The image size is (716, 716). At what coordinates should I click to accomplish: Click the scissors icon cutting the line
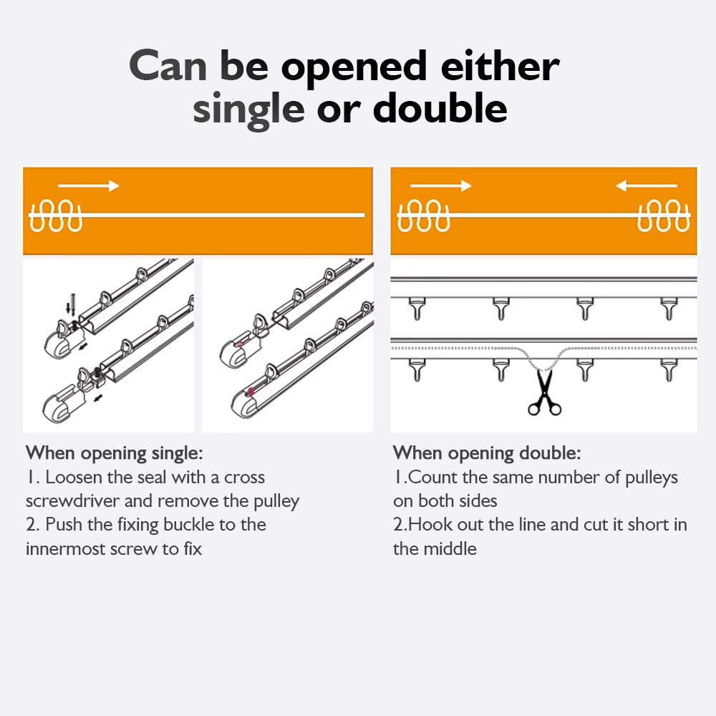544,392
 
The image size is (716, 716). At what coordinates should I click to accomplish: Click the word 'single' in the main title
248,110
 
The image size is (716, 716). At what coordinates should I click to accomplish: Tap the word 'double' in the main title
440,108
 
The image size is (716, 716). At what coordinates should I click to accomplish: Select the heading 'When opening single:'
114,453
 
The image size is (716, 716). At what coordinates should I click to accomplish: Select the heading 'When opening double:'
487,453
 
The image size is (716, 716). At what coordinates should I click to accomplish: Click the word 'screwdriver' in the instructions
72,501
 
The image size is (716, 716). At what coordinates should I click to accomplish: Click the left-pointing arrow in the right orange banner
646,185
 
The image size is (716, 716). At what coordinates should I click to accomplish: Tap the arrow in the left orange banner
89,185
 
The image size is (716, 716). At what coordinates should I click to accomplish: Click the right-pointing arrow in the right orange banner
440,185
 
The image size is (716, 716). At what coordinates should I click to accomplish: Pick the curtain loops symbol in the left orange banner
55,216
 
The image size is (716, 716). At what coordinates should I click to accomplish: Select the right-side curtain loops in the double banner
664,216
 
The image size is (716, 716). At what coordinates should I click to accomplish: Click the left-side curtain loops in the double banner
423,216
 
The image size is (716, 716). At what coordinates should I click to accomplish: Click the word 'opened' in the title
354,69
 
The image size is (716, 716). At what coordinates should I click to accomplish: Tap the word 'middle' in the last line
450,549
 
